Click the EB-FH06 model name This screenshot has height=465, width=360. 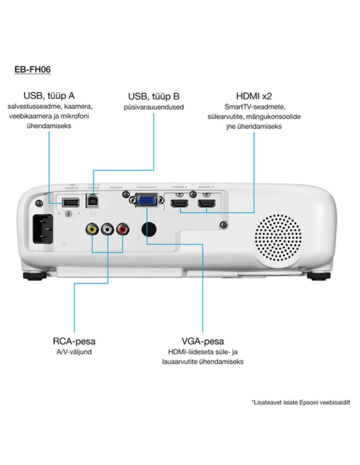[32, 70]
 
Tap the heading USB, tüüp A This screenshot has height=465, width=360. [49, 95]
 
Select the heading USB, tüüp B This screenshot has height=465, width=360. [154, 96]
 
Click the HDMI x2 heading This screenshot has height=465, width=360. [254, 96]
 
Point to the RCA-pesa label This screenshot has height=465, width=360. [74, 341]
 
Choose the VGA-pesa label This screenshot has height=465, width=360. [203, 341]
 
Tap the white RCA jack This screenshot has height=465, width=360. [108, 230]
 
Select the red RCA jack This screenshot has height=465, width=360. [123, 230]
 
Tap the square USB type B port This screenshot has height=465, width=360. [92, 201]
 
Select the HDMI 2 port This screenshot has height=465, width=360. [207, 205]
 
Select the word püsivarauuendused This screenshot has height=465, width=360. [154, 107]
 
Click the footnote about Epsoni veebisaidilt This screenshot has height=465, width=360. [301, 402]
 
